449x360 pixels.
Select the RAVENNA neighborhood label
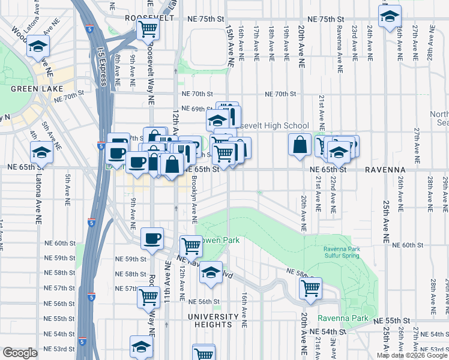coord(385,170)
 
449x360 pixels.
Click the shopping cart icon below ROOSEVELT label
coord(147,28)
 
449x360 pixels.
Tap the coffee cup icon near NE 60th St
coord(152,239)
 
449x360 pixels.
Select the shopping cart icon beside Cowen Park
coord(191,245)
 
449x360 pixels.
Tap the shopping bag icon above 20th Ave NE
coord(300,145)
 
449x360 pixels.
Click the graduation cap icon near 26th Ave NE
coord(390,16)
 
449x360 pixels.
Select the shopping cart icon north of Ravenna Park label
coord(310,289)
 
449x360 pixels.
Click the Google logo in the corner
coord(20,352)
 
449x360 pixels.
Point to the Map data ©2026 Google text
coord(412,355)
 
